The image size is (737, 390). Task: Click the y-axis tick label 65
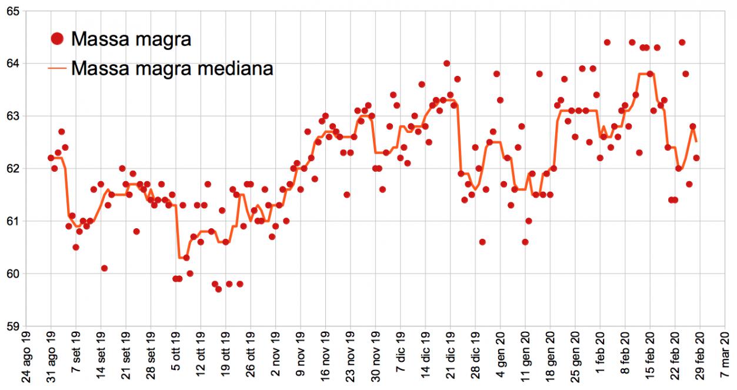[x=12, y=11]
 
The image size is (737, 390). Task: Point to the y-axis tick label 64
[x=12, y=64]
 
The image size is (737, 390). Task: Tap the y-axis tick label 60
[x=12, y=274]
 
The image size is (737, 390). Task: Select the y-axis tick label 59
[x=12, y=326]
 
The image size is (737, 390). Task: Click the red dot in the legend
[x=57, y=39]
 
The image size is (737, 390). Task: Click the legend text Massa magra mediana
[x=172, y=68]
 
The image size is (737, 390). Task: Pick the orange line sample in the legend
[x=57, y=68]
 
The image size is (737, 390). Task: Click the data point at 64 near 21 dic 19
[x=446, y=64]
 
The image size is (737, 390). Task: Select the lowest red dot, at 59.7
[x=218, y=289]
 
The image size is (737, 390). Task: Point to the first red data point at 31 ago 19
[x=51, y=158]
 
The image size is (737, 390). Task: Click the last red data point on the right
[x=696, y=158]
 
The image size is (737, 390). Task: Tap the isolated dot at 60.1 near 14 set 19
[x=104, y=268]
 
